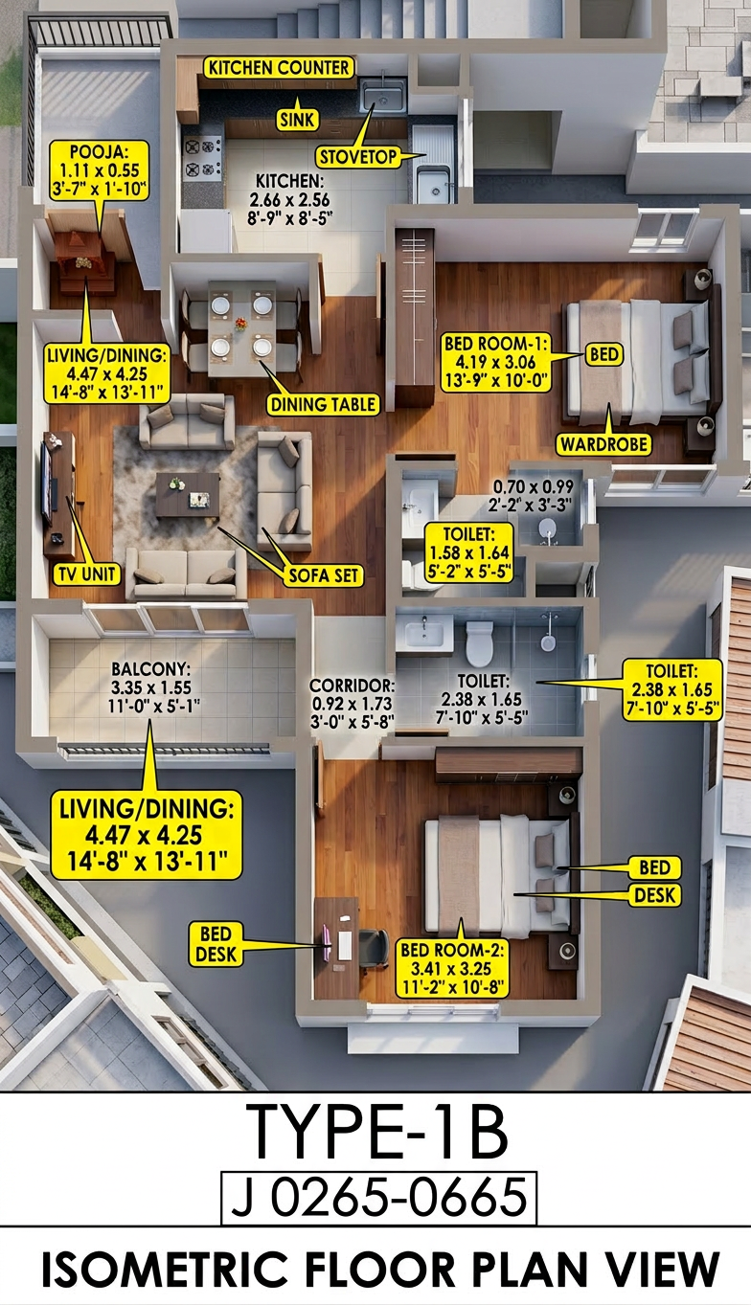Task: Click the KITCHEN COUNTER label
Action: coord(279,68)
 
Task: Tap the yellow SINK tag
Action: coord(297,120)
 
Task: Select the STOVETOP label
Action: coord(358,156)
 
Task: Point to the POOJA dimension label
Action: coord(99,170)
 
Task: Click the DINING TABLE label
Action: coord(323,404)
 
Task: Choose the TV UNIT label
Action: coord(87,574)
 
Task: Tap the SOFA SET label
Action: coord(324,575)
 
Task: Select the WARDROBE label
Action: coord(603,444)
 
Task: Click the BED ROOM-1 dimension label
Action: coord(495,362)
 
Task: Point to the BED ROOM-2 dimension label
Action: coord(452,968)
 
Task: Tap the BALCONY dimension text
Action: coord(151,687)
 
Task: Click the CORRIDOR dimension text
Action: coord(352,703)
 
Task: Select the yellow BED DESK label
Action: coord(216,944)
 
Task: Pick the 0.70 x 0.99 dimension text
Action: coord(533,496)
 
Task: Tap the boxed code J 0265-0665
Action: coord(379,1200)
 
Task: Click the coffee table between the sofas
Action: coord(187,495)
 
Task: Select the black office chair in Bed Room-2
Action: coord(374,949)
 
